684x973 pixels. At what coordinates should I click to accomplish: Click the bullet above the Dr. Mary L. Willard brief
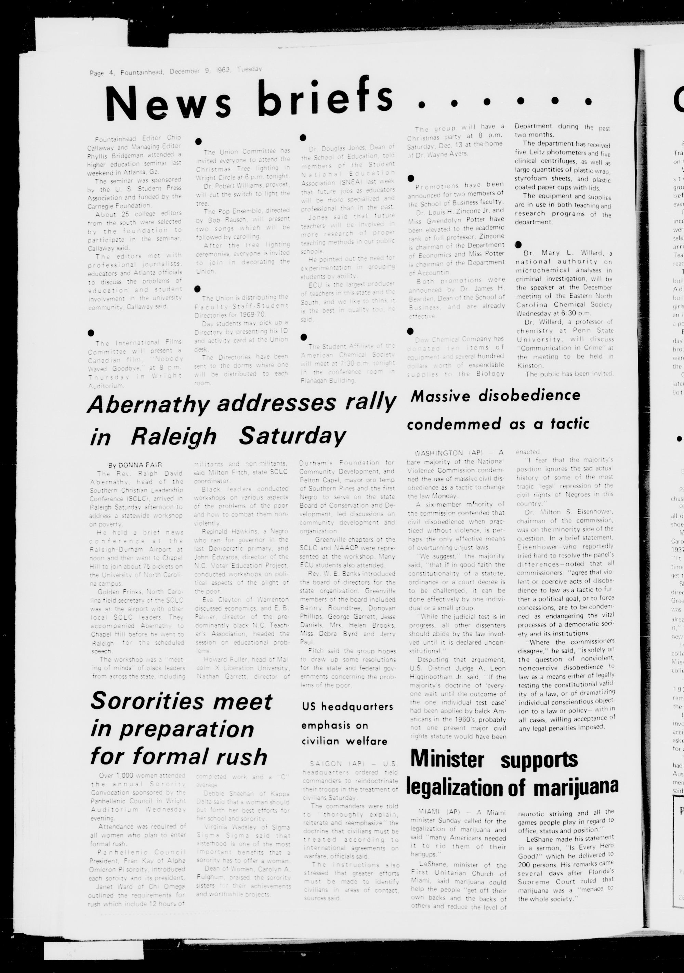click(x=518, y=244)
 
